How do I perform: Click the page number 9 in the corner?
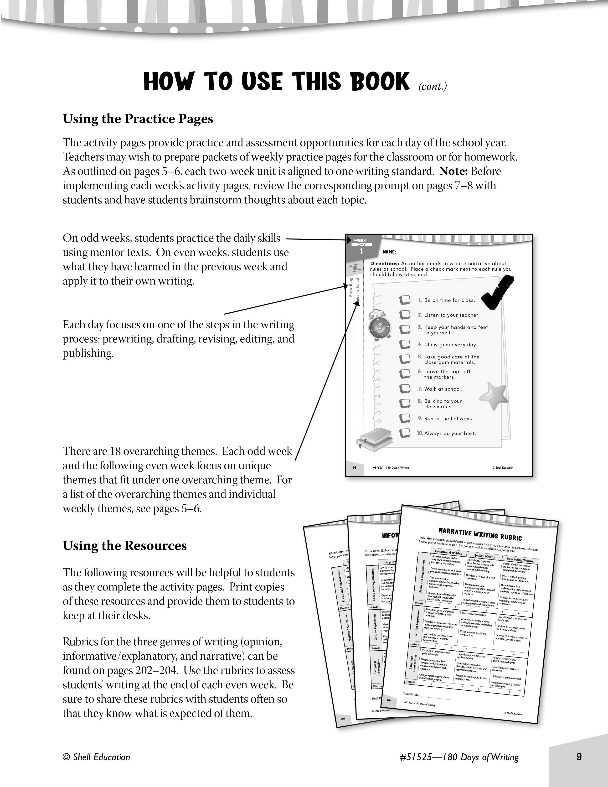tap(579, 757)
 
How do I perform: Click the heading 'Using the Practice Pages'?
tap(138, 119)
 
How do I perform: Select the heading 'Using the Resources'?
tap(125, 546)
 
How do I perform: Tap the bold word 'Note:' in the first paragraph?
tap(453, 171)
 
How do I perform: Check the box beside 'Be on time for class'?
tap(405, 300)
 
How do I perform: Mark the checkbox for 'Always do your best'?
tap(405, 433)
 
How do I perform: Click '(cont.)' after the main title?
tap(432, 87)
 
